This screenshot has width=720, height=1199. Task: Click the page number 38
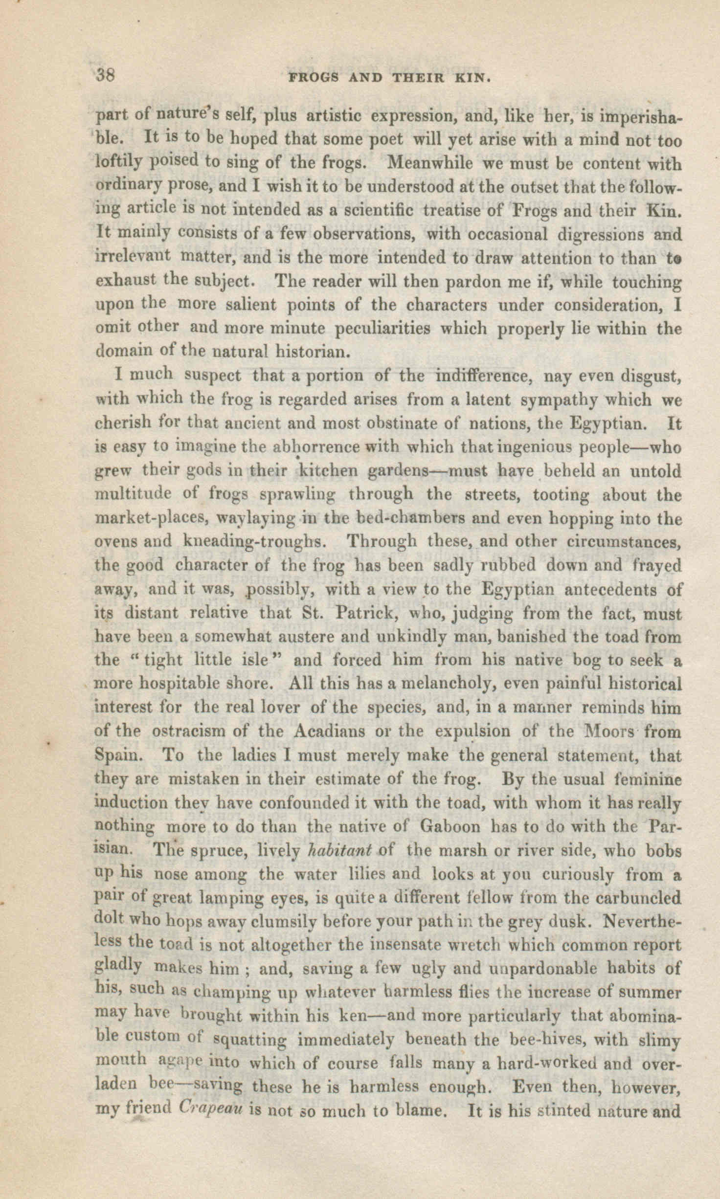point(105,76)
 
